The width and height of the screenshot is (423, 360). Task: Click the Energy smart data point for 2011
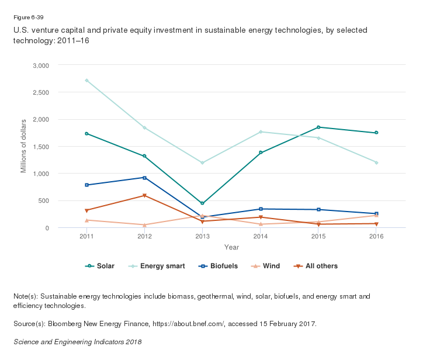(86, 81)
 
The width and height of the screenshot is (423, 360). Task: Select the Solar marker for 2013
(203, 203)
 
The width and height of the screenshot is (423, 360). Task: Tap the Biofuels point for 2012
(145, 178)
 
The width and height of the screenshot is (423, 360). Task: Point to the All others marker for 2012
(145, 196)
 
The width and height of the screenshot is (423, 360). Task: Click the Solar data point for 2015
(319, 127)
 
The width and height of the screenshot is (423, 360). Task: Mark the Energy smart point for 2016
(377, 162)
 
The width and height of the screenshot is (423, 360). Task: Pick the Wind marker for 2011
(86, 220)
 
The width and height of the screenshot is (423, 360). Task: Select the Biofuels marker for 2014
(261, 209)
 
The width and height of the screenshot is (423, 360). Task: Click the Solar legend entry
(100, 266)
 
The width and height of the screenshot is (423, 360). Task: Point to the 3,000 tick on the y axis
(40, 65)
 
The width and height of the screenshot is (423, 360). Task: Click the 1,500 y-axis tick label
(40, 147)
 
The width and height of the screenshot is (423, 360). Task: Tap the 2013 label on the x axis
(203, 236)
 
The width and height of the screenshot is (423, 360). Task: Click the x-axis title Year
(231, 247)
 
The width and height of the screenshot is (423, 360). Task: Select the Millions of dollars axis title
(24, 146)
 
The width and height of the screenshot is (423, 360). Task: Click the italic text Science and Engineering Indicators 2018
(77, 341)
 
